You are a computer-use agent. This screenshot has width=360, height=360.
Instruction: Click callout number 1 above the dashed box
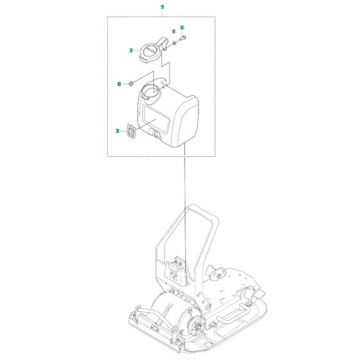coord(162,6)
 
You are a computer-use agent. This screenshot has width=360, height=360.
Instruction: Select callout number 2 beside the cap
coord(130,50)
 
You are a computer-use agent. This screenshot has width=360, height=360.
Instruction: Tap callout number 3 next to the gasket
coord(117,130)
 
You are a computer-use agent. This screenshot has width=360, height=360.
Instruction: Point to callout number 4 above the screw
coord(182,28)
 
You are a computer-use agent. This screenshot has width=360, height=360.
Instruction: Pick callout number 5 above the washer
coord(173,32)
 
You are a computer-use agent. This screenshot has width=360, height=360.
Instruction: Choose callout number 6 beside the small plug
coord(119,84)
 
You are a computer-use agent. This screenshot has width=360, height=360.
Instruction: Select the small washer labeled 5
coord(174,42)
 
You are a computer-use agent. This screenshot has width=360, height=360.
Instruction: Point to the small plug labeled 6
coord(130,84)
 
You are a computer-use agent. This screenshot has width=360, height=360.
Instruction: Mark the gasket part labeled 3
coord(131,132)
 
